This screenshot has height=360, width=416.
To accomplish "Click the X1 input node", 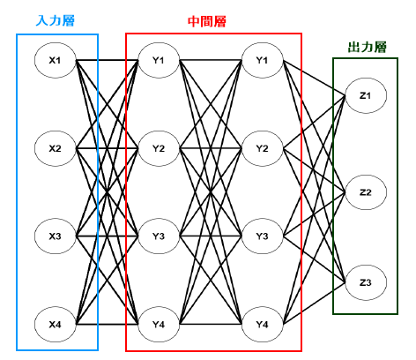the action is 56,60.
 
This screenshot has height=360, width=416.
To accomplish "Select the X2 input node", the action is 56,148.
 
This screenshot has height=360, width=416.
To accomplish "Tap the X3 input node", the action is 56,236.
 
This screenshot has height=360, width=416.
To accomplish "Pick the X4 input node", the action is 56,325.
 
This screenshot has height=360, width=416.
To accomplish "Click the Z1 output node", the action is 366,95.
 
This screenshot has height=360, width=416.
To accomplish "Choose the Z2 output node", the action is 366,192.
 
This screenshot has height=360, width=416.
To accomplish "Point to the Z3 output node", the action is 366,282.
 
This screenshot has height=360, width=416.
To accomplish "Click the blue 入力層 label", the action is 56,20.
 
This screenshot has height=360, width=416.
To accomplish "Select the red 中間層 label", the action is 207,21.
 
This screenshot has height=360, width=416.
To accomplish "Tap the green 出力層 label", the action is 367,47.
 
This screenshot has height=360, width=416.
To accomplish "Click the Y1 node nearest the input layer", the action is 159,60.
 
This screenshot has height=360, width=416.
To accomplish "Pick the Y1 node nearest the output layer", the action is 263,60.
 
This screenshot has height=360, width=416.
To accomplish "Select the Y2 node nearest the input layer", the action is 159,148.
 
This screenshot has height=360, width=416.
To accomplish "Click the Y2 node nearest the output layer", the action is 263,148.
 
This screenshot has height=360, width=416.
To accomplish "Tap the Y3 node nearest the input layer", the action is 159,236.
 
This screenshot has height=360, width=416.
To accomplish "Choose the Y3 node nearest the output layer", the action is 263,236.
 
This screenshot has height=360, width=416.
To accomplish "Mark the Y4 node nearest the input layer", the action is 159,325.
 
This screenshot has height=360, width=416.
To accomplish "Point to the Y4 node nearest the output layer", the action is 263,325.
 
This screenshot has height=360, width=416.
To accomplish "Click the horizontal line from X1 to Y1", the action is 108,60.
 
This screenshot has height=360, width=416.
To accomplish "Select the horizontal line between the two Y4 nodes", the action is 211,325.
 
